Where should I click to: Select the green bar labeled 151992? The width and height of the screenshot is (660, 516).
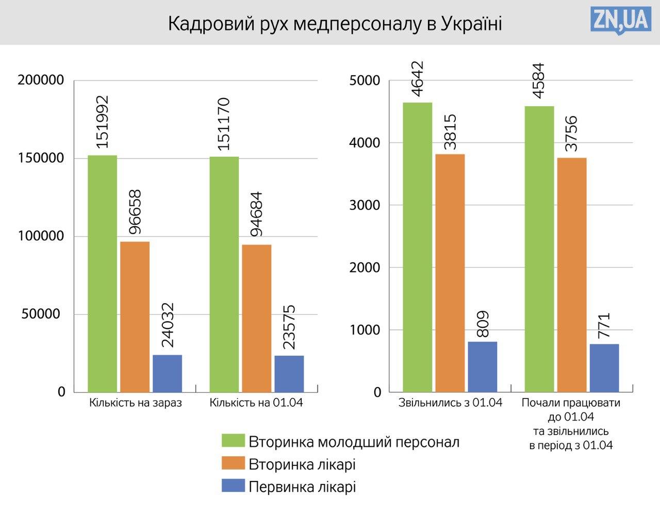102,273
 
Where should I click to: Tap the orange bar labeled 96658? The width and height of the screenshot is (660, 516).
135,317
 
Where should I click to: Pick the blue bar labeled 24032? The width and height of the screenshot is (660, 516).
167,373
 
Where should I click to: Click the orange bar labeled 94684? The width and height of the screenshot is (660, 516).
256,318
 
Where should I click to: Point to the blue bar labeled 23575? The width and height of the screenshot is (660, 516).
289,374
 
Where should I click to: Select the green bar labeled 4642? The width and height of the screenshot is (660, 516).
417,247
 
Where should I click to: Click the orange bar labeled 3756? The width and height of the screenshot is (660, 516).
571,275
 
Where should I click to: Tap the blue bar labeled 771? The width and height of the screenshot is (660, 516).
604,368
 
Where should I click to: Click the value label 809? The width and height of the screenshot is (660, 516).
483,323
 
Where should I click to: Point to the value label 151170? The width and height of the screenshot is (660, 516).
224,124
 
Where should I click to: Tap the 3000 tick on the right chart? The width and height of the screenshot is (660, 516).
365,205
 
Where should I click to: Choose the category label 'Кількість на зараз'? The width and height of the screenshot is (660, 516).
136,403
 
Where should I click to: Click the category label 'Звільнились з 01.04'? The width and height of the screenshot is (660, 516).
450,403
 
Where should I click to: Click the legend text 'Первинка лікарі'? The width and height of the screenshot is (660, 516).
302,487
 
